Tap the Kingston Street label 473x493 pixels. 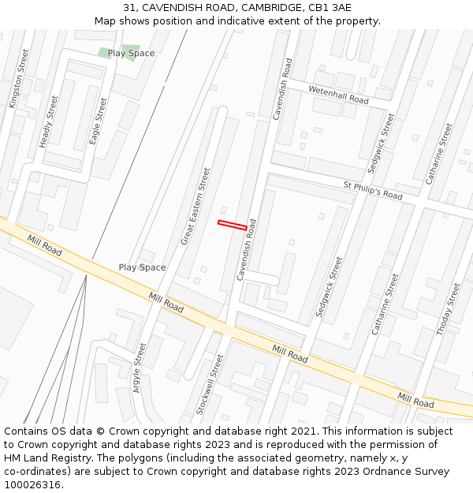point(18,79)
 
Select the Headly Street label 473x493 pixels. point(49,121)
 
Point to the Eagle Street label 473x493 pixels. point(97,121)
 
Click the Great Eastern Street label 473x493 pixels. point(196,206)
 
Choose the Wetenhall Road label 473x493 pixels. point(338,95)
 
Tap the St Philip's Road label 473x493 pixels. point(372,191)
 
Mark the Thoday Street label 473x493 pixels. point(448,308)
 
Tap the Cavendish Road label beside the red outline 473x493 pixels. point(247,250)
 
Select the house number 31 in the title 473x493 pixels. point(129,8)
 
